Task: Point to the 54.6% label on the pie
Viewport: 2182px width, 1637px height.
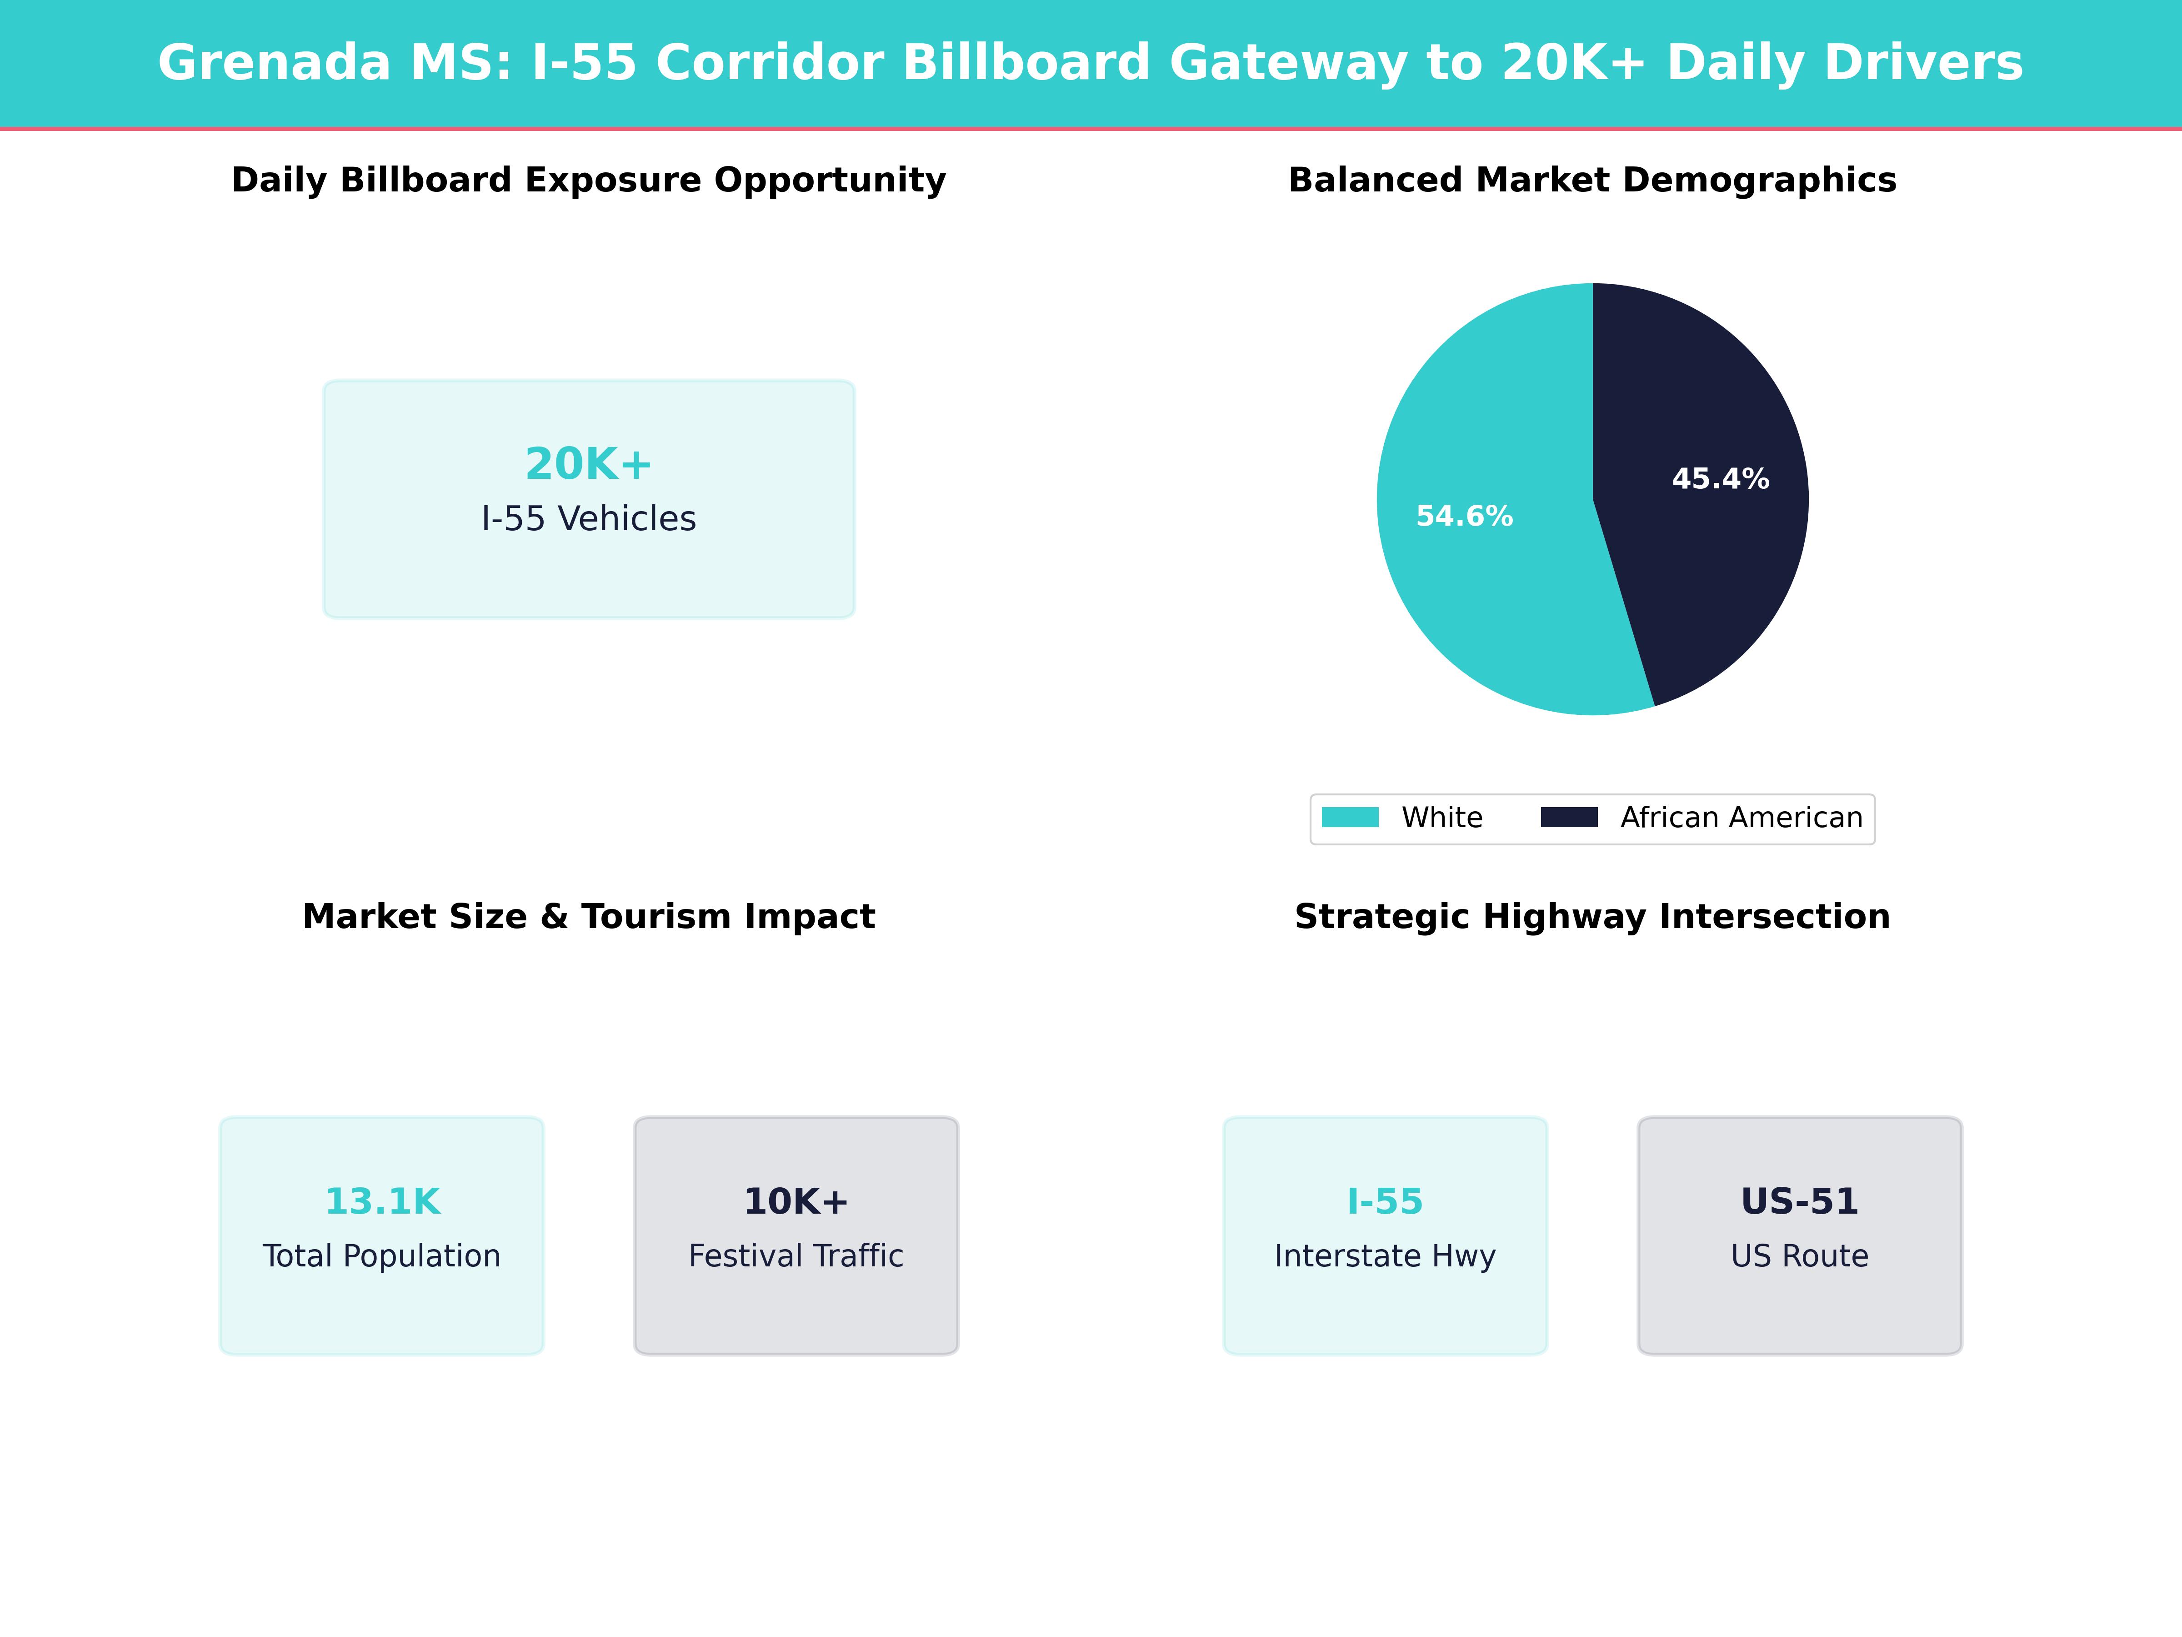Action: click(x=1464, y=516)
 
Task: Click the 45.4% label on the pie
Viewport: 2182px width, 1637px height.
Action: click(x=1720, y=480)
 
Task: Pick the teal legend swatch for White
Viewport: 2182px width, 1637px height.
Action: click(x=1350, y=817)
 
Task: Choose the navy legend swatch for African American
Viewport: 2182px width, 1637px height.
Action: click(x=1568, y=817)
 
